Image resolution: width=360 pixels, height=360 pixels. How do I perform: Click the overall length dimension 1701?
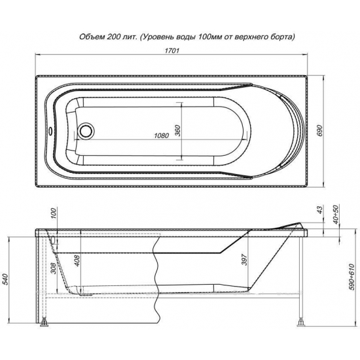171,50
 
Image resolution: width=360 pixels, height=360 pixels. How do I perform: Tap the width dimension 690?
320,131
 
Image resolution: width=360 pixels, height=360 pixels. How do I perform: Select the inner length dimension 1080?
161,135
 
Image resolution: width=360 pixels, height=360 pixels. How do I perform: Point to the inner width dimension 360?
177,131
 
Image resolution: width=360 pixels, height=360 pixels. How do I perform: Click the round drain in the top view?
86,131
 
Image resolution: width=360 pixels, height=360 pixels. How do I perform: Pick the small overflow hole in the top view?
50,132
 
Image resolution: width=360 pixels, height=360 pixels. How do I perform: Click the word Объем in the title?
92,37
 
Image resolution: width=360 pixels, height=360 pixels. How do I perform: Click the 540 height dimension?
6,279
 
